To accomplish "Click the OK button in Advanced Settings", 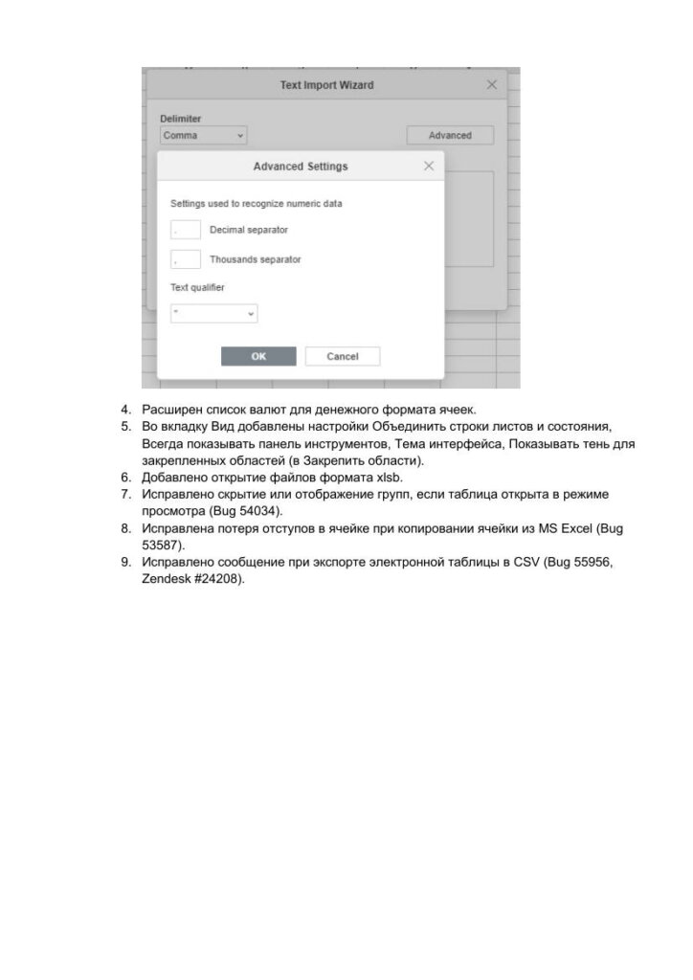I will [x=258, y=356].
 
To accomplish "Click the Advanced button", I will [x=450, y=136].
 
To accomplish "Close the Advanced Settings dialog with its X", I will [x=429, y=167].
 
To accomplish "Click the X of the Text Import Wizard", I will [x=492, y=85].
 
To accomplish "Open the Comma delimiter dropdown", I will [x=204, y=136].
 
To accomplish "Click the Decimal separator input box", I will [x=186, y=230].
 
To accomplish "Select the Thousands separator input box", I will [x=186, y=259].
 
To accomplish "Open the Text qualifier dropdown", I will [x=214, y=313].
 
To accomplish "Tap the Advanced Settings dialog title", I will [x=301, y=167].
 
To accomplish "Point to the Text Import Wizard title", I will [x=326, y=85].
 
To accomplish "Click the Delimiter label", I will [x=180, y=119].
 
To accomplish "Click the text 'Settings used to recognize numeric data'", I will [x=257, y=204].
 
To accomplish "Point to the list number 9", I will [x=125, y=562].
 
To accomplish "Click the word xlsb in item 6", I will [x=390, y=478].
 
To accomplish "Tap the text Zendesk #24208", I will [x=191, y=579].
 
